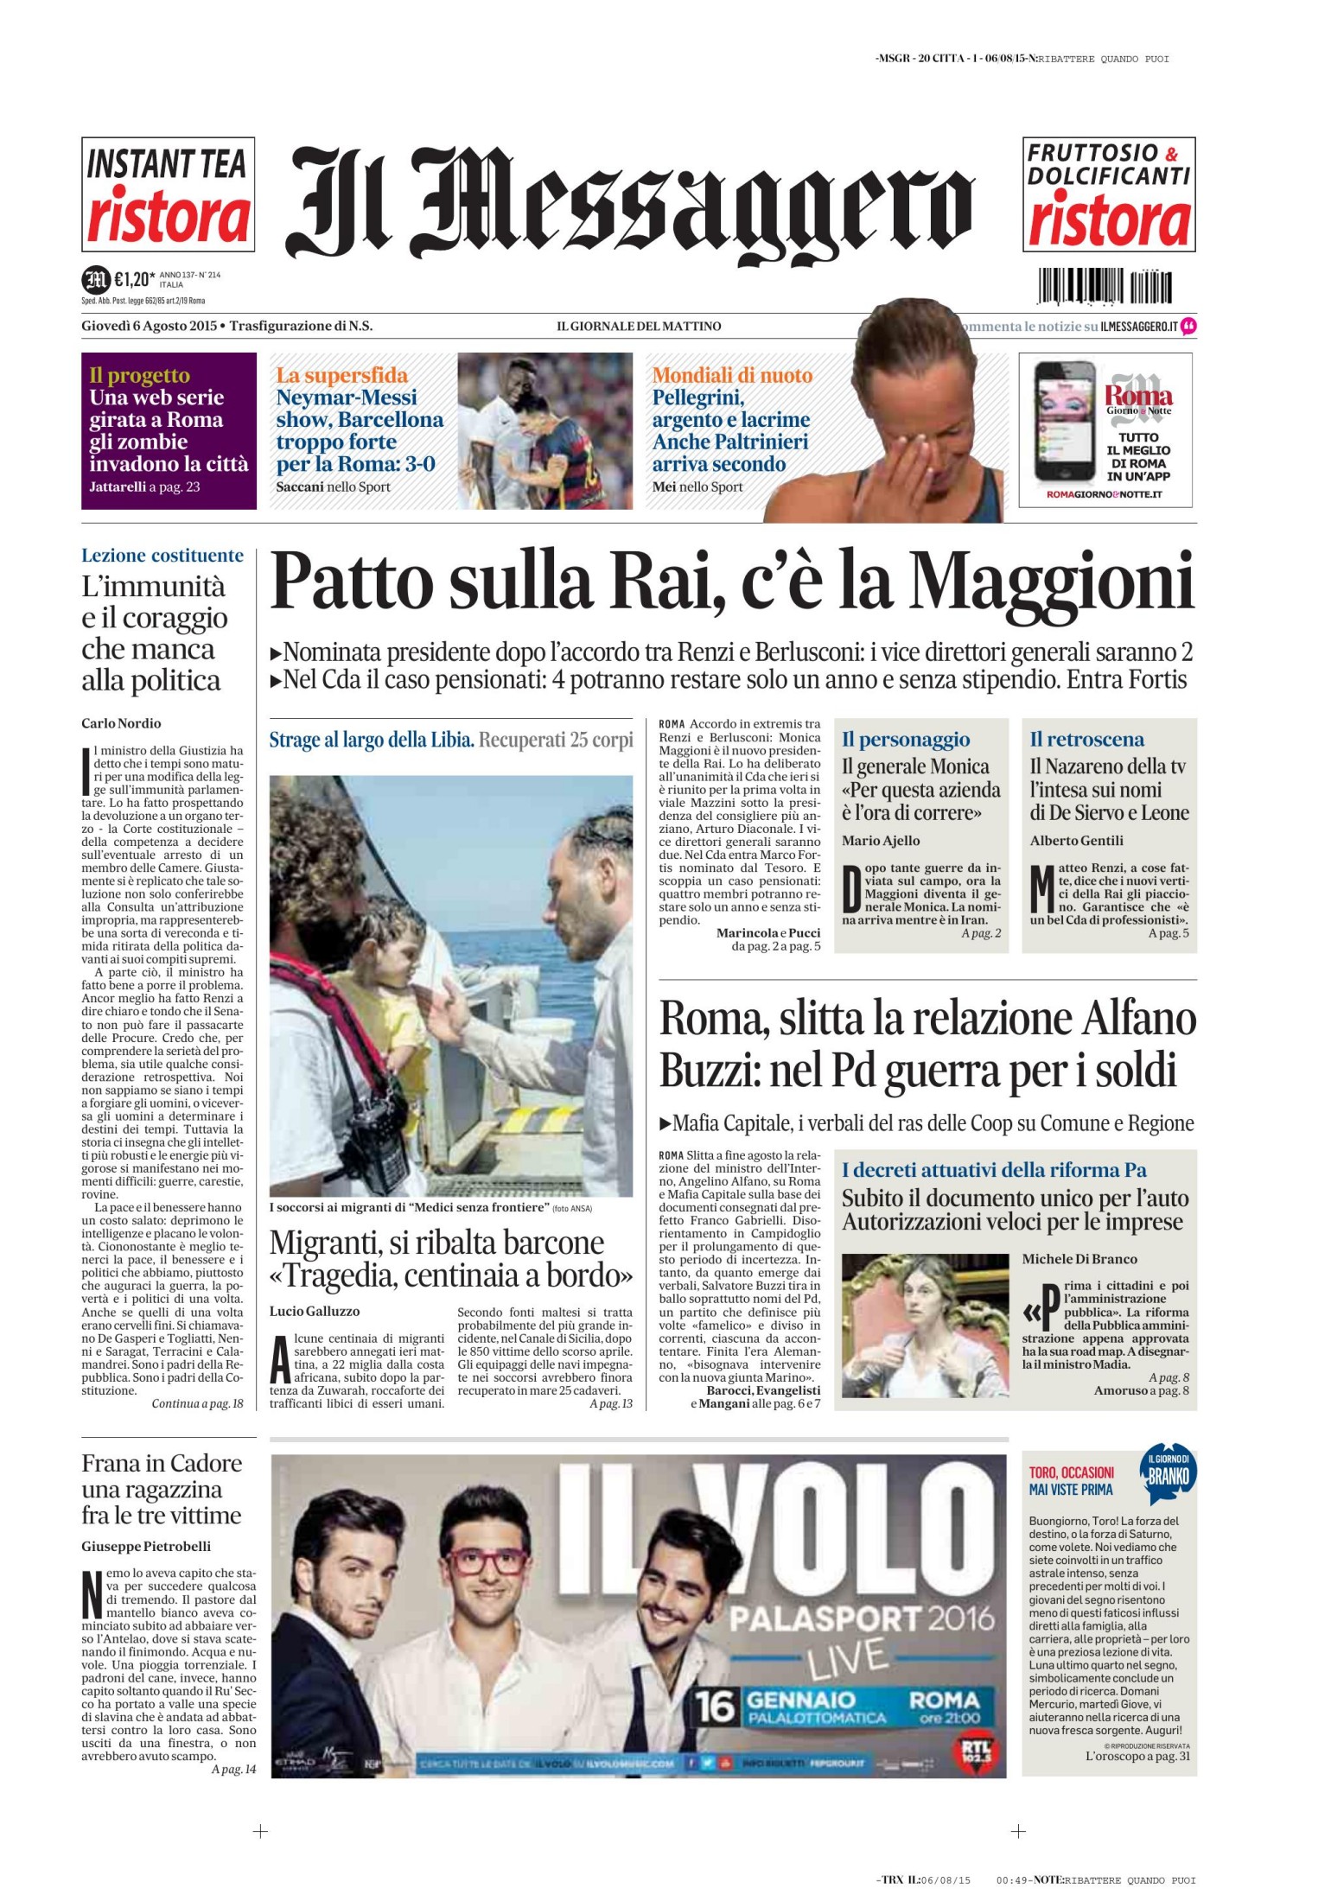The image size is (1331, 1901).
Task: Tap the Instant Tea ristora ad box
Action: coord(168,194)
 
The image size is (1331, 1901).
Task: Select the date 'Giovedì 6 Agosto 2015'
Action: coord(149,326)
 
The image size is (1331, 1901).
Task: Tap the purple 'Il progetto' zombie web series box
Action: coord(169,430)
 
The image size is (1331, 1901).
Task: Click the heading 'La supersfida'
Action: coord(341,375)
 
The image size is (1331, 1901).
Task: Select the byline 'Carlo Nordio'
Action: coord(121,723)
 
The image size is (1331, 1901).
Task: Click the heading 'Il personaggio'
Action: coord(906,740)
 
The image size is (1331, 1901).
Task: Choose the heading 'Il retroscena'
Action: coord(1086,740)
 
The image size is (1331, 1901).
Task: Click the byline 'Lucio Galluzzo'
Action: coord(315,1311)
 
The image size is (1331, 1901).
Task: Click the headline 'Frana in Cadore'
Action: coord(162,1463)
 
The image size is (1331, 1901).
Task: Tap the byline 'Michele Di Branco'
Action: coord(1079,1259)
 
